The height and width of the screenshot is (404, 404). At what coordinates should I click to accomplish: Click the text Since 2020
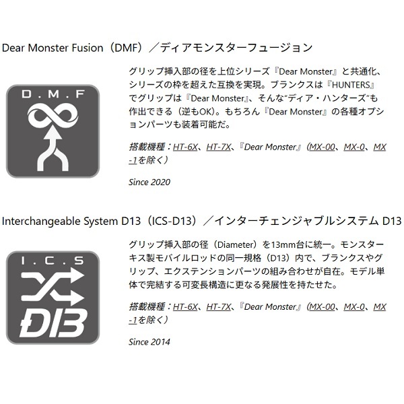pyautogui.click(x=149, y=182)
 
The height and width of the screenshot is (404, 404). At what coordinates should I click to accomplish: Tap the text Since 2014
pyautogui.click(x=149, y=342)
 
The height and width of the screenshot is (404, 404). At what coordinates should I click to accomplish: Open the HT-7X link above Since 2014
pyautogui.click(x=219, y=307)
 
